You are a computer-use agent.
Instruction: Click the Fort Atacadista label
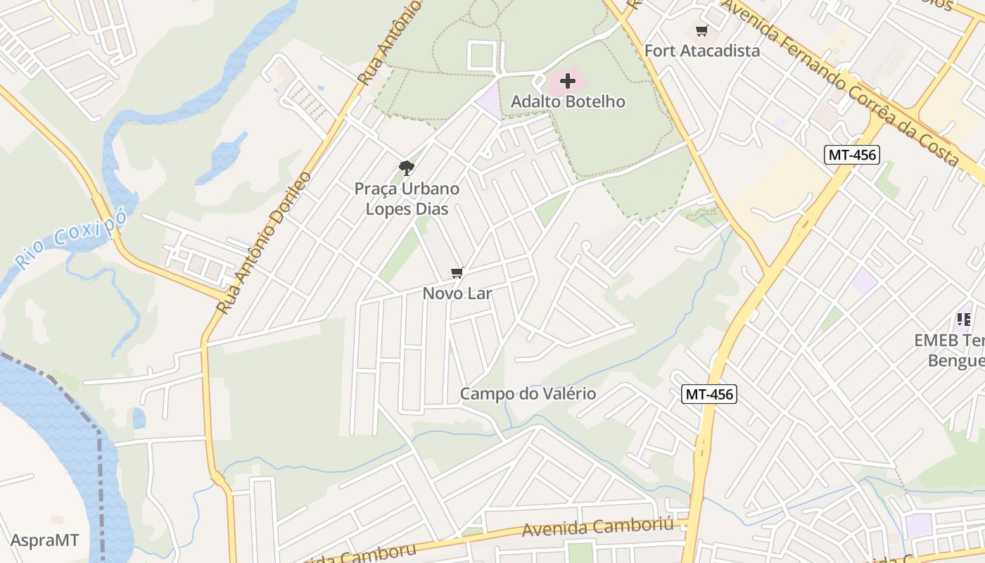point(702,51)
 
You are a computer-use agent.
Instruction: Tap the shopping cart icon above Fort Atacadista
point(701,31)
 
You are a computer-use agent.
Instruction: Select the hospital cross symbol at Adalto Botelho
point(568,81)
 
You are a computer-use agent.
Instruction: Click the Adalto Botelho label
point(568,101)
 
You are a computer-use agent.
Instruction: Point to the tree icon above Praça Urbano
point(406,167)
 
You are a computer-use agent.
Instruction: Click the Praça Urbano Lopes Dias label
point(407,199)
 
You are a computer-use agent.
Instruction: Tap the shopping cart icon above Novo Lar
point(457,273)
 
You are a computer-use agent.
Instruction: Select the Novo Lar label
point(457,293)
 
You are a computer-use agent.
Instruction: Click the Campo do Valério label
point(528,394)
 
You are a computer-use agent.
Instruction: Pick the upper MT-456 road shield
point(852,155)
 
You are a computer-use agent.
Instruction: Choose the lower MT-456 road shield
point(709,395)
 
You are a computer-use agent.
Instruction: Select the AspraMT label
point(45,540)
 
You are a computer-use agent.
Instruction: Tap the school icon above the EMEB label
point(963,320)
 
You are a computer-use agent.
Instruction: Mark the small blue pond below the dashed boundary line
point(139,419)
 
